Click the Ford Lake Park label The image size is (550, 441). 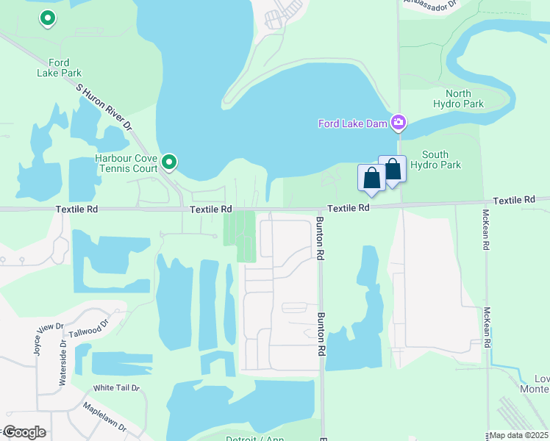(59, 68)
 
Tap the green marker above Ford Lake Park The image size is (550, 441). (48, 18)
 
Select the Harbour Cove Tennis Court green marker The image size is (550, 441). (170, 161)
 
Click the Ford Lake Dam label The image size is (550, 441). (352, 123)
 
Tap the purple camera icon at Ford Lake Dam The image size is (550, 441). (399, 122)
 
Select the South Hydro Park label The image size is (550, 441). (441, 159)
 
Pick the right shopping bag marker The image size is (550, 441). (393, 170)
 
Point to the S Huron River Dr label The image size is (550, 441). (104, 107)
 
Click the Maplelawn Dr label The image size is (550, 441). (104, 417)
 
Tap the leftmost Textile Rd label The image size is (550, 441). (76, 209)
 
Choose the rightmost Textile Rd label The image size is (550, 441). (515, 200)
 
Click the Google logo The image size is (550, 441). (24, 432)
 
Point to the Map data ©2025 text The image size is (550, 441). (518, 435)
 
